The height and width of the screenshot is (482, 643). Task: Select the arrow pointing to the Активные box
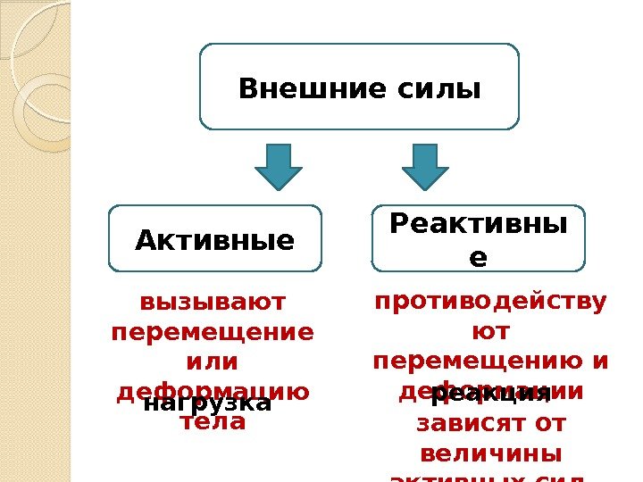point(279,167)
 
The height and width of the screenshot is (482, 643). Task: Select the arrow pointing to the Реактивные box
point(425,167)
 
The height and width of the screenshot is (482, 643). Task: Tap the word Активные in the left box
point(214,240)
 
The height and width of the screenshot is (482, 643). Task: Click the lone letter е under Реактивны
point(478,258)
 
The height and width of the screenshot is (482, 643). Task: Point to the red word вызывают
point(212,302)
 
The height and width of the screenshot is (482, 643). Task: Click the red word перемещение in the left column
point(212,332)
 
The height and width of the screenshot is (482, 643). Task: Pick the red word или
point(212,362)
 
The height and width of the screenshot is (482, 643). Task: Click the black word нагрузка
point(207,403)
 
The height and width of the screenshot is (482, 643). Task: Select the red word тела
point(212,422)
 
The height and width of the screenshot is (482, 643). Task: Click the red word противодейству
point(489,302)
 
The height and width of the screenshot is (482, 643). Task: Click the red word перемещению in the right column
point(479,362)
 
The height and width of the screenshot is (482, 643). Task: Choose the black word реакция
point(490,394)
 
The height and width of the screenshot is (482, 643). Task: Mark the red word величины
point(489,453)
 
